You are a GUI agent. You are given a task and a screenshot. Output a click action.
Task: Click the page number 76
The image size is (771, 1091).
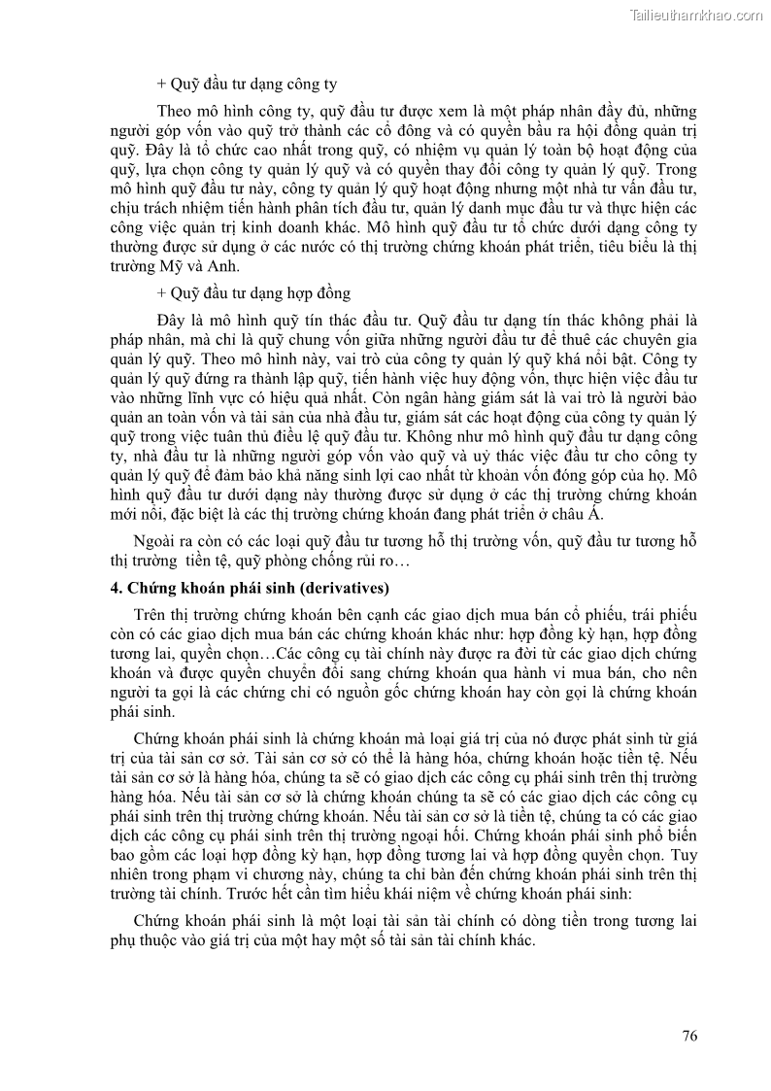click(x=689, y=1036)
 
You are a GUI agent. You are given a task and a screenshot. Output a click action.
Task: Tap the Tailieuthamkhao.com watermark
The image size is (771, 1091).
click(x=696, y=15)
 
